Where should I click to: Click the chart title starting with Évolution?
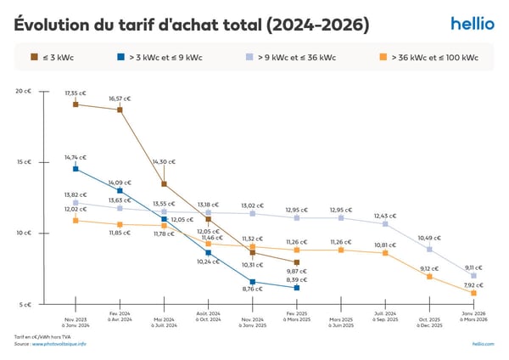click(192, 25)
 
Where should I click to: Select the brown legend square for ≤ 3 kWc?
click(34, 58)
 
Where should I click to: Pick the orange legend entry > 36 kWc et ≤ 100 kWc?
click(428, 58)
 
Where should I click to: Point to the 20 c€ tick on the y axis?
click(24, 91)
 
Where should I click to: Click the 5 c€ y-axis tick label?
click(25, 304)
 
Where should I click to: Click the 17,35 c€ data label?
click(76, 93)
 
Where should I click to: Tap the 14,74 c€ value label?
click(76, 157)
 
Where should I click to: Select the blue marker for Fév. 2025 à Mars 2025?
click(297, 288)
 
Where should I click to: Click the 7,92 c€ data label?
click(473, 285)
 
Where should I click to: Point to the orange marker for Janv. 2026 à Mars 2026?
click(473, 293)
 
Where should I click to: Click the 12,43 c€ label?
click(385, 216)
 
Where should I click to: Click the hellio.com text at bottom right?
click(483, 343)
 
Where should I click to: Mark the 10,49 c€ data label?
click(429, 238)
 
